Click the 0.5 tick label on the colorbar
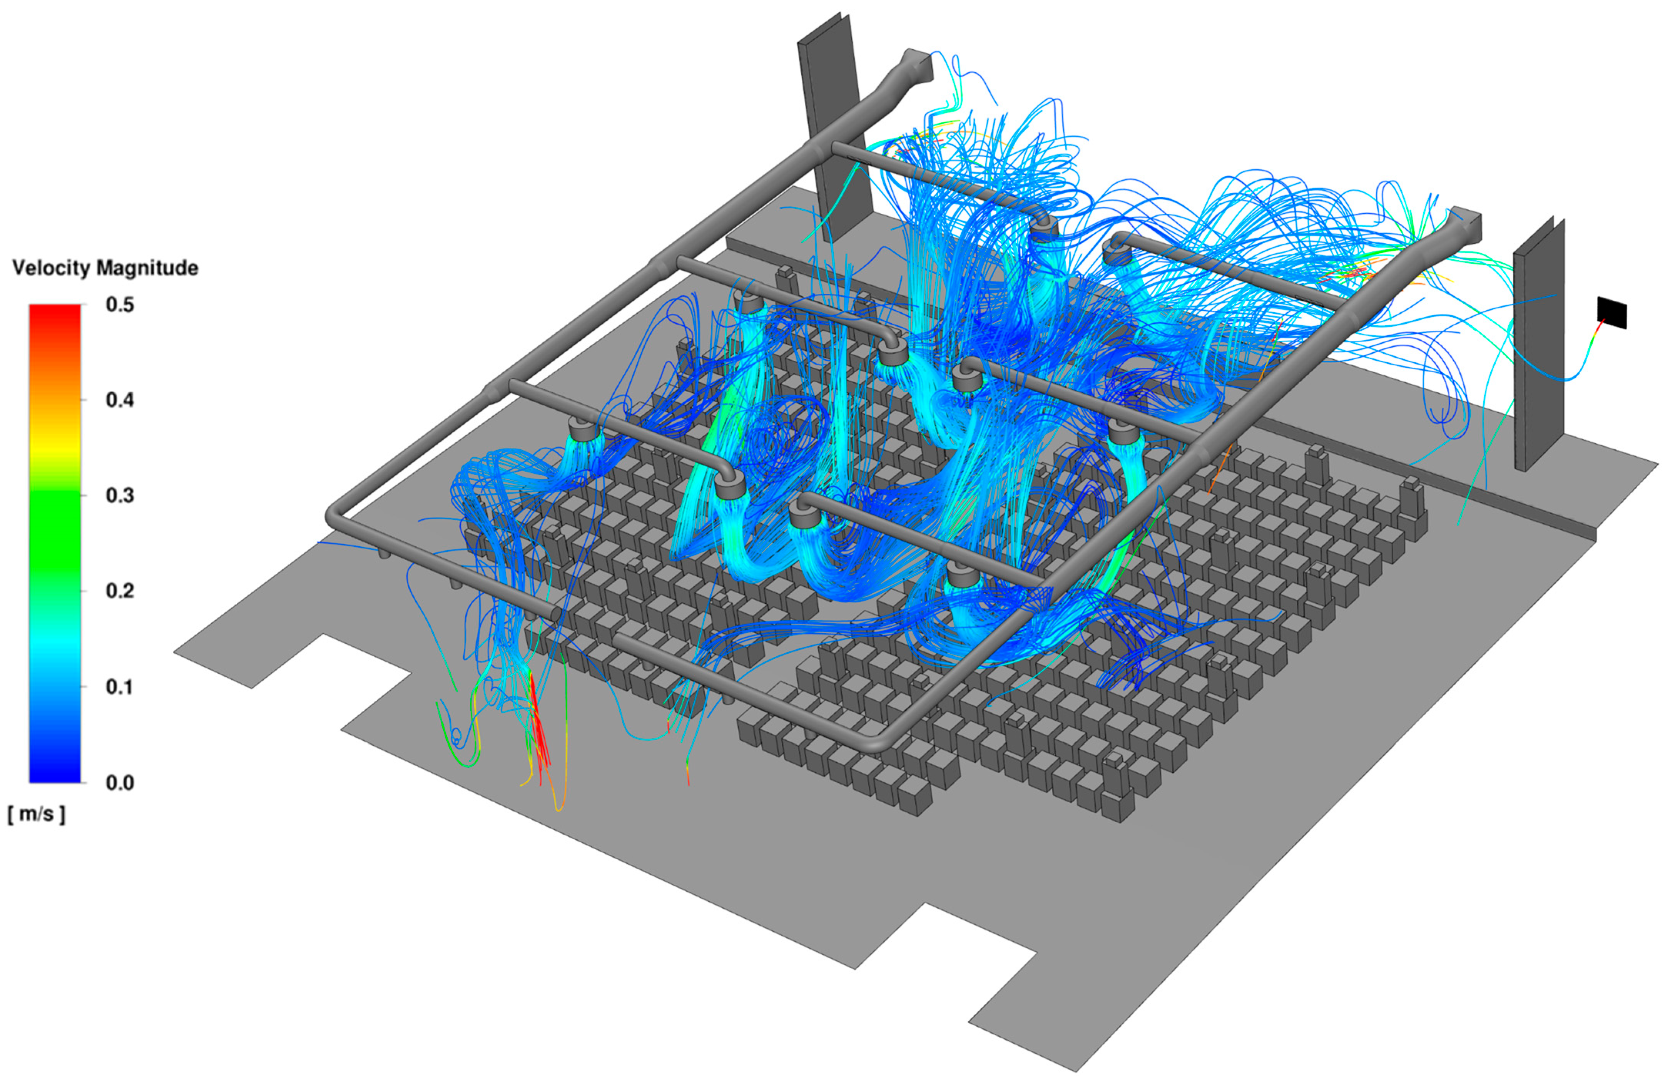click(119, 305)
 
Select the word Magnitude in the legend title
click(147, 268)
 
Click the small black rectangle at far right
click(1612, 312)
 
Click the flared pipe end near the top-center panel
click(916, 67)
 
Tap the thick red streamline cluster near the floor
click(539, 723)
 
